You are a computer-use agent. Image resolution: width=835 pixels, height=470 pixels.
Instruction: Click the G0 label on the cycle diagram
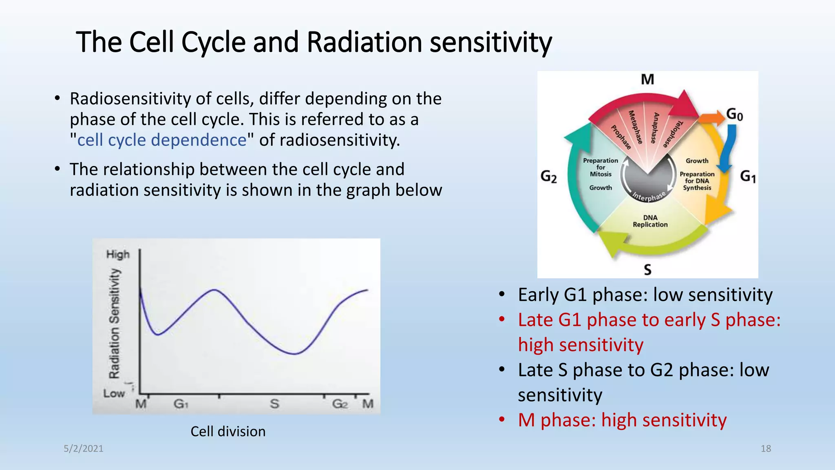[735, 115]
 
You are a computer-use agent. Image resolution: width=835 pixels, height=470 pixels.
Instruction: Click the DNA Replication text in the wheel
[650, 221]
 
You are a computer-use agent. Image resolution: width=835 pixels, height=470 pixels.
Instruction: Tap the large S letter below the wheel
[647, 270]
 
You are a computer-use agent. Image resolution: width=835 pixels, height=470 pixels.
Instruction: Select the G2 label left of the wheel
[548, 177]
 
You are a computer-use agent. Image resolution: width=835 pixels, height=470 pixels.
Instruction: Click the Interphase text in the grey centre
[649, 196]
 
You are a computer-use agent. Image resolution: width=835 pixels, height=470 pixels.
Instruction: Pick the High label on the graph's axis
[118, 255]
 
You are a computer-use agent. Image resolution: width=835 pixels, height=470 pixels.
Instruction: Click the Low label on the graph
[114, 394]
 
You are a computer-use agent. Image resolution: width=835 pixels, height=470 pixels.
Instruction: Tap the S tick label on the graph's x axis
[274, 404]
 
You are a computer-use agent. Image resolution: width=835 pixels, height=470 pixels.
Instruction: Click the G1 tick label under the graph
[181, 404]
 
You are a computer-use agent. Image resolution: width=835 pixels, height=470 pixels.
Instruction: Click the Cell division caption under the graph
[228, 432]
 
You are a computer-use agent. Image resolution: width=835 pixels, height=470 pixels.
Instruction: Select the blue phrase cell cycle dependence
[162, 140]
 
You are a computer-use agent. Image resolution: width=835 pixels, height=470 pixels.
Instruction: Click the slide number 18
[766, 449]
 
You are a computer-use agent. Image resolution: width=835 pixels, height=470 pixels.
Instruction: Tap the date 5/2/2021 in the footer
[84, 449]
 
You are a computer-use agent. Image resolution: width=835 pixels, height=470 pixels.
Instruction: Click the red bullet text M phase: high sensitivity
[622, 420]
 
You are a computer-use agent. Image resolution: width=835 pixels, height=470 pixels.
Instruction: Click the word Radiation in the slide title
[364, 42]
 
